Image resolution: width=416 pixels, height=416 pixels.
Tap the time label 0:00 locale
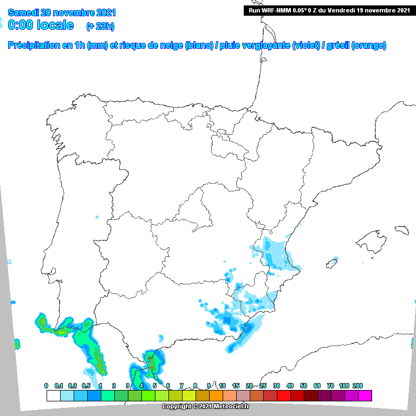41,25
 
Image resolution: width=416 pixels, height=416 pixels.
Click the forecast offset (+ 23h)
100,26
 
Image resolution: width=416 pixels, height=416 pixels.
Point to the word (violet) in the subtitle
307,46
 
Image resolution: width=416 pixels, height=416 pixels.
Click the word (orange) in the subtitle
369,46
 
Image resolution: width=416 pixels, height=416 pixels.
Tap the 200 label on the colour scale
357,386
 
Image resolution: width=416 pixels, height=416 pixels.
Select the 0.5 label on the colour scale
87,386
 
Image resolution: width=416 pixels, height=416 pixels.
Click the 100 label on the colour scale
344,386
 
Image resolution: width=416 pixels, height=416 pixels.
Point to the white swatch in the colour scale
53,395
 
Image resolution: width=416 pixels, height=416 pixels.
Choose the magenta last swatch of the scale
365,395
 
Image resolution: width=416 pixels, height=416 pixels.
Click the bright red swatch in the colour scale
283,395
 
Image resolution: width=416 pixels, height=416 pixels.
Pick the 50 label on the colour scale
303,386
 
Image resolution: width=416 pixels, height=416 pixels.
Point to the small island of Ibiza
330,264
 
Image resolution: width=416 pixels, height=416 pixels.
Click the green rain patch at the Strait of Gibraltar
155,361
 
